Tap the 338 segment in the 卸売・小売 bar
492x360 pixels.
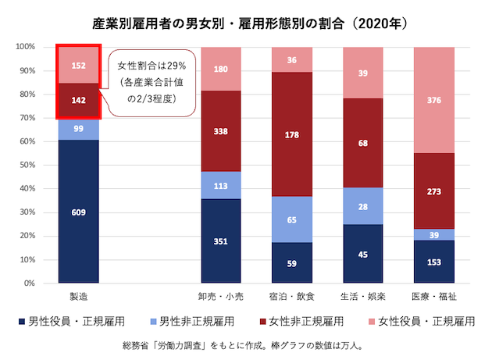pos(220,131)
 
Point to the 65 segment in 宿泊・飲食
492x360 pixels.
pos(291,220)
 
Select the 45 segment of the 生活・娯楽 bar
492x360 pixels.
pos(362,254)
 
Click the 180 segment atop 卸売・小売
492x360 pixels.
pos(220,69)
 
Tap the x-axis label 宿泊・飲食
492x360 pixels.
pos(291,298)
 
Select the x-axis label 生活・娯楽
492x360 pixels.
pos(362,298)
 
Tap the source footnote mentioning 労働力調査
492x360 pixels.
pos(247,344)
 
